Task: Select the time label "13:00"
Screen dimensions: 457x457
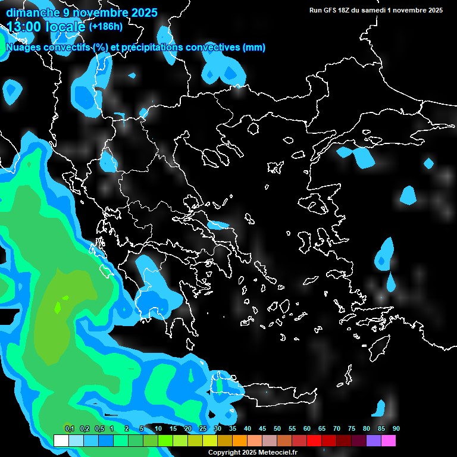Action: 24,27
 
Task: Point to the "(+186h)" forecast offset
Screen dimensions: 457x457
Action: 105,27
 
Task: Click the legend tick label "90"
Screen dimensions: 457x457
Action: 396,429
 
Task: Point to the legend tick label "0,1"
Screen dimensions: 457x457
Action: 69,429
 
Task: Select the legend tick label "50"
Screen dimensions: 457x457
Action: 277,429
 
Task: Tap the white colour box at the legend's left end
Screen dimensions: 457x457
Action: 61,440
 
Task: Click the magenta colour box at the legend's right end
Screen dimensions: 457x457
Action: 389,440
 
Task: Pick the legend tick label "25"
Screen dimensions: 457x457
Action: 203,429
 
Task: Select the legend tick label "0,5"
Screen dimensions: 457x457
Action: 99,429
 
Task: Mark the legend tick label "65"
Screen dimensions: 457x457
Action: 322,429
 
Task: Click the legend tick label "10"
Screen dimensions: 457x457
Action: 158,429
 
